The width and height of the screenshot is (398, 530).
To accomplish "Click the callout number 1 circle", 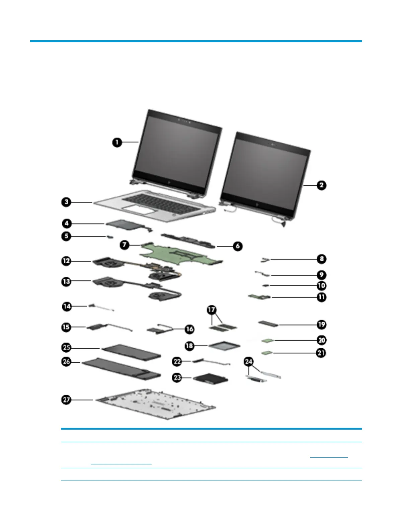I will coord(117,142).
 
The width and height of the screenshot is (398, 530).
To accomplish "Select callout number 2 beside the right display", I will coord(321,185).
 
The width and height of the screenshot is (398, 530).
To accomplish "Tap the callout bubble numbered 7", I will coord(125,245).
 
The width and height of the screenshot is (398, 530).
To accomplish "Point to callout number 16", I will coord(189,329).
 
